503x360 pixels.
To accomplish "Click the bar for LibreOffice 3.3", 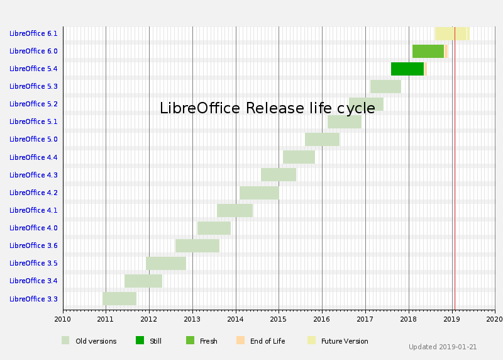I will coord(119,298).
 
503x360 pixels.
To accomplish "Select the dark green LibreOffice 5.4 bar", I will coord(407,69).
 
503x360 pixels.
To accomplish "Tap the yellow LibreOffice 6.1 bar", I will coord(451,33).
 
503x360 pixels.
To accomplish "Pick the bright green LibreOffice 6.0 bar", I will coord(428,51).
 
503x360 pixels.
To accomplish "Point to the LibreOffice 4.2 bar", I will coord(259,193).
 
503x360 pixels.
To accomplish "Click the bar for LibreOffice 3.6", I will coord(197,245).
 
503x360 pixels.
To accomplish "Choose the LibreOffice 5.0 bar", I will coord(322,139).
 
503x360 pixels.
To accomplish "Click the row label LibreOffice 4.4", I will coord(33,157).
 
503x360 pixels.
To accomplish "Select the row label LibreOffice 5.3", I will coord(33,86).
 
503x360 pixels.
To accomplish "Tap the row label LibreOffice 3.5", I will coord(33,263).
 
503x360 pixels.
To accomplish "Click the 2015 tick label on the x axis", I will coord(279,319).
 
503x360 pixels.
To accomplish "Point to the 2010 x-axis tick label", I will coord(63,319).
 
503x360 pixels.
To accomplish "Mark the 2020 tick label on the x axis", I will coord(494,319).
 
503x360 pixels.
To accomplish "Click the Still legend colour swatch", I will coord(140,340).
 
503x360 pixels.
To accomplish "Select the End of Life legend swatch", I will coord(240,340).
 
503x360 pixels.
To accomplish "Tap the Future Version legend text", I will coord(345,341).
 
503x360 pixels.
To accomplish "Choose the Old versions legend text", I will coord(96,341).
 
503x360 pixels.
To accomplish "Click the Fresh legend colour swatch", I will coord(190,340).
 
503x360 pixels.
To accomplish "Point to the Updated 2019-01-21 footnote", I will coord(443,347).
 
